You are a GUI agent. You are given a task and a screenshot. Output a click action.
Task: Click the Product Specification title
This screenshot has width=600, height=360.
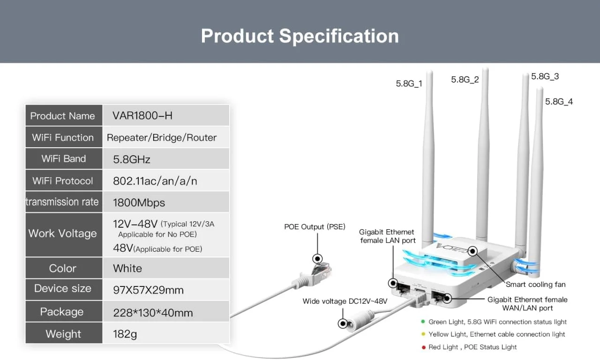(300, 36)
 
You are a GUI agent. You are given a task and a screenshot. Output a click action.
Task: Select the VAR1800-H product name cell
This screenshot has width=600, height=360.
(166, 115)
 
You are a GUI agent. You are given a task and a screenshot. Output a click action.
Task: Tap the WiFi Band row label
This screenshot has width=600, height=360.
(64, 158)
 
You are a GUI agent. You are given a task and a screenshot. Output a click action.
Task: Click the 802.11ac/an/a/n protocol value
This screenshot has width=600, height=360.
(155, 181)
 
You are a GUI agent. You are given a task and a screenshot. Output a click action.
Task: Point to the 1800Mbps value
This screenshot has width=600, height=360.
(139, 203)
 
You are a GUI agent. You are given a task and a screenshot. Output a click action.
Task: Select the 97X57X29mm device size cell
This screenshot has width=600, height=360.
(166, 290)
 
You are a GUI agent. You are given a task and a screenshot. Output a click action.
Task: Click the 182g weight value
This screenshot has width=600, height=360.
(125, 334)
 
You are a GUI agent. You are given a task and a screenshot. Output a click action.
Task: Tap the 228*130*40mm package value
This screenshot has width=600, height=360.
(153, 313)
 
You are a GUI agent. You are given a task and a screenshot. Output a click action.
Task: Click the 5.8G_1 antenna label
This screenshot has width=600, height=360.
(409, 83)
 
